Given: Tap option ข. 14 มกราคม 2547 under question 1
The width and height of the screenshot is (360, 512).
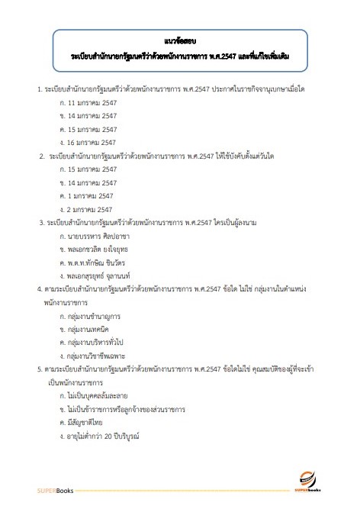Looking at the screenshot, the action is (88, 115).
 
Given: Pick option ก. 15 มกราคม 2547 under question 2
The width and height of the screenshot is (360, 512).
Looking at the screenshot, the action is (88, 169).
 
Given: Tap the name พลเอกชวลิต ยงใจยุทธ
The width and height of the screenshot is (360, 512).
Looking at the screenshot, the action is (98, 250).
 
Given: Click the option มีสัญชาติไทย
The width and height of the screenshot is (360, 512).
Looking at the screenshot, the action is (86, 423).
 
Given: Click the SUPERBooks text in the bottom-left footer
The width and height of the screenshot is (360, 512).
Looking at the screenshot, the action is (56, 491).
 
